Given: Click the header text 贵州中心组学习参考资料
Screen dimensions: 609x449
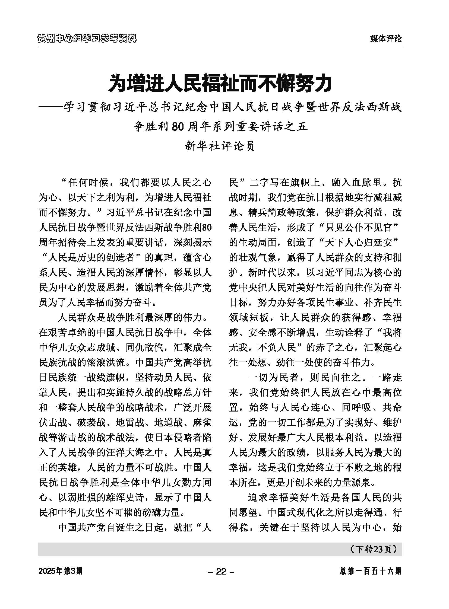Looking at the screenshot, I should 87,39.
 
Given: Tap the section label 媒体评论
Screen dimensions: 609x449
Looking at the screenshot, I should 386,39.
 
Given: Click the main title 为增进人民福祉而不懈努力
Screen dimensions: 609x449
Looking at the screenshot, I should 220,84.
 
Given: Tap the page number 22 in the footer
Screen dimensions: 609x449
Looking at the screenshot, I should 221,572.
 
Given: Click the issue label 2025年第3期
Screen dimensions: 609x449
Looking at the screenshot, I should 60,572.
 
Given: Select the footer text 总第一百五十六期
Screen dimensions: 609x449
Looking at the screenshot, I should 371,572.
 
